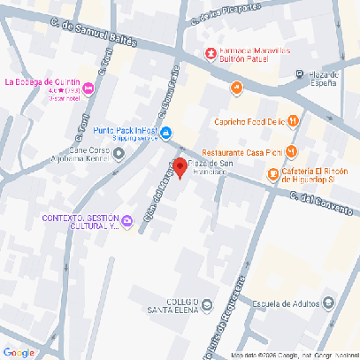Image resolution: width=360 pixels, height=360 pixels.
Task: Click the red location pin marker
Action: pos(179,166)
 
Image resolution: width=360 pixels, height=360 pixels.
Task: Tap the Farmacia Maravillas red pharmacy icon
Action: pos(211,55)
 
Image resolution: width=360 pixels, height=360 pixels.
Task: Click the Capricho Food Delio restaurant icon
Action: pos(293,122)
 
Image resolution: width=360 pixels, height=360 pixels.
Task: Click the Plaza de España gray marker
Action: pos(300,74)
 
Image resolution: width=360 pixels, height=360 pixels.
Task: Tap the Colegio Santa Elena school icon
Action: pos(207,306)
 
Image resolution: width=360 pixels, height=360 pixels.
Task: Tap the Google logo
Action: pos(19,352)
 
